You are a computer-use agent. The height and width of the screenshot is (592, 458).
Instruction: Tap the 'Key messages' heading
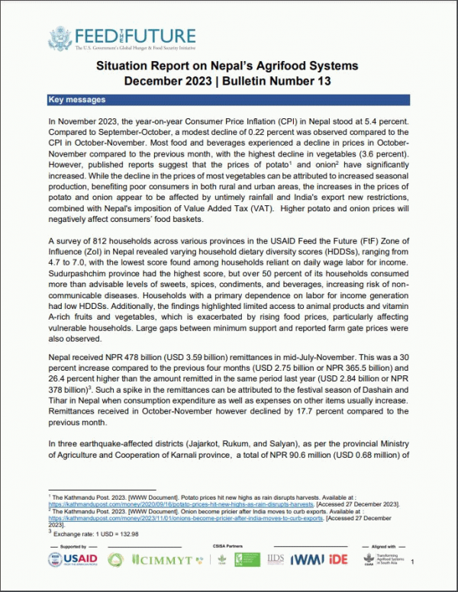[x=76, y=100]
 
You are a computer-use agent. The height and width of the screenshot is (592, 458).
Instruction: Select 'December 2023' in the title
[x=178, y=81]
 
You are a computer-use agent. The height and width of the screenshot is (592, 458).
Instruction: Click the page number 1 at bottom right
[x=412, y=562]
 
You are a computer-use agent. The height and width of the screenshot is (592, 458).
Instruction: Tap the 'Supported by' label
[x=73, y=547]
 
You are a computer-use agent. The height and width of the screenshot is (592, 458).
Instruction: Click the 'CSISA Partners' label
[x=228, y=547]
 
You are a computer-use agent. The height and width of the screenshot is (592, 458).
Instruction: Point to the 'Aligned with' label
[x=386, y=547]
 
